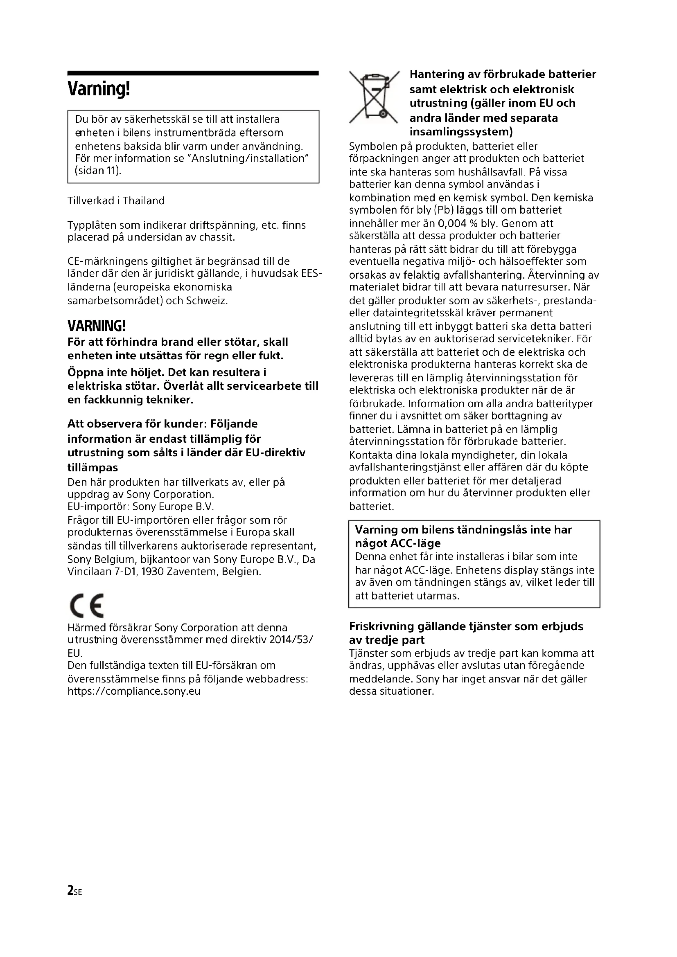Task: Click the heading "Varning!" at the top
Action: [x=99, y=89]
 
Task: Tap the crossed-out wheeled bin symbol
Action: [x=374, y=97]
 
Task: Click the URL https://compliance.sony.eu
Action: [x=134, y=691]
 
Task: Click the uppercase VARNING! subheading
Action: [x=96, y=326]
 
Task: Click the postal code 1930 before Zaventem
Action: [x=152, y=572]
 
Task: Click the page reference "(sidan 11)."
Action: [x=98, y=171]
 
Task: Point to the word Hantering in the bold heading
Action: [x=437, y=74]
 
